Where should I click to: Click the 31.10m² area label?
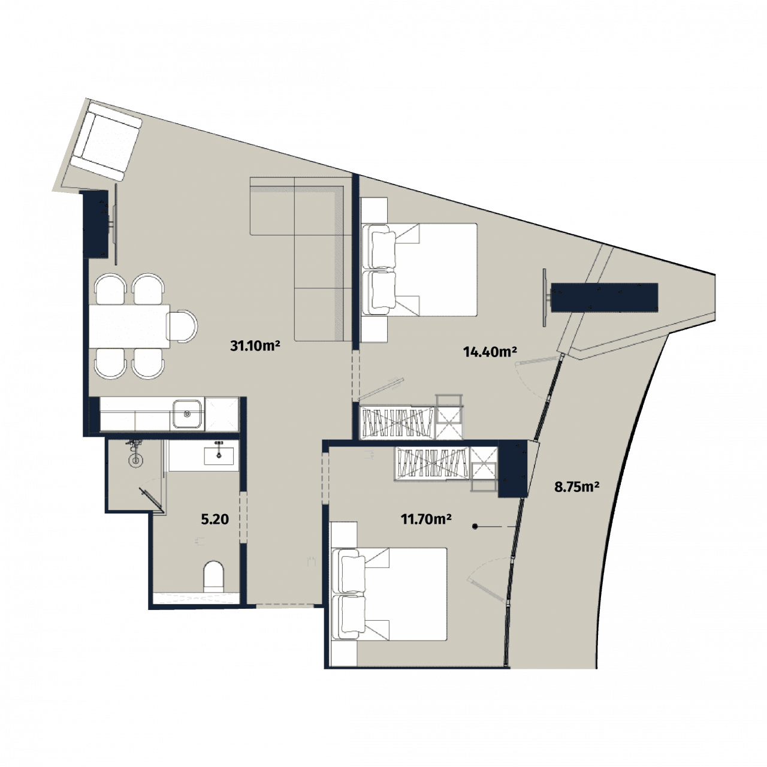256,345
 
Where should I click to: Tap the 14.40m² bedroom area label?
490,352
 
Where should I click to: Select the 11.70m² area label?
426,519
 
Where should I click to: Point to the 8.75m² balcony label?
577,487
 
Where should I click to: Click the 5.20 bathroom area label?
215,519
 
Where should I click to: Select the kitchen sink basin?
187,413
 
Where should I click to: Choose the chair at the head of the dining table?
183,327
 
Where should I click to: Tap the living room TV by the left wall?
114,225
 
